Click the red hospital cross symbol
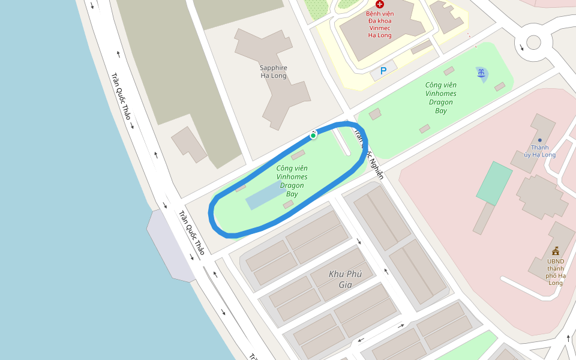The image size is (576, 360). [x=380, y=4]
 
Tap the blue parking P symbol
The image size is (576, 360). [x=383, y=71]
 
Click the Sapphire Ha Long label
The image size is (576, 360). [x=274, y=71]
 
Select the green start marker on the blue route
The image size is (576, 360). [x=313, y=136]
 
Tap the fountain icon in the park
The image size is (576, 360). [x=481, y=73]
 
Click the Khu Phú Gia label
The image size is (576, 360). [x=340, y=279]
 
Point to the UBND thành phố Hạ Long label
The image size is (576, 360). [x=555, y=271]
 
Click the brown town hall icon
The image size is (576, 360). [x=556, y=251]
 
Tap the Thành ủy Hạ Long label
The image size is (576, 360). [x=539, y=151]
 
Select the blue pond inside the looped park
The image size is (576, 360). [x=264, y=196]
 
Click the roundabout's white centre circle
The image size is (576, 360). [x=533, y=42]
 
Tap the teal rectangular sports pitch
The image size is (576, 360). [x=494, y=184]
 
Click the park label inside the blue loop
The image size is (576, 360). [x=292, y=181]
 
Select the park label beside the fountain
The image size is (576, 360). [x=441, y=98]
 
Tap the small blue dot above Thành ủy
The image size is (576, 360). [x=540, y=140]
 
